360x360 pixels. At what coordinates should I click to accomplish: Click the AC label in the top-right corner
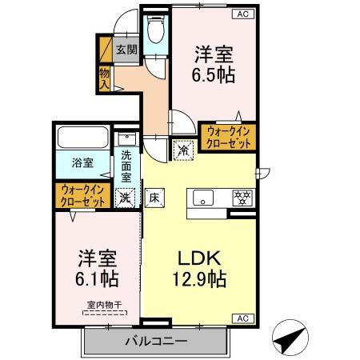click(240, 14)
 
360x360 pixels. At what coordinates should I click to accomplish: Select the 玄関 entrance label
click(126, 50)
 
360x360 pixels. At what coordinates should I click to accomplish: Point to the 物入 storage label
click(104, 77)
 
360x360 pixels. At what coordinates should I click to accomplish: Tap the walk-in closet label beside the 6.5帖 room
click(229, 136)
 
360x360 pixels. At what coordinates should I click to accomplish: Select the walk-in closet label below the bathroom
click(83, 196)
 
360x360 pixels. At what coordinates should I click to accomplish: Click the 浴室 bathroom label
click(82, 162)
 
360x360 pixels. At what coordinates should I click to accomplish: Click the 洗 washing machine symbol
click(125, 196)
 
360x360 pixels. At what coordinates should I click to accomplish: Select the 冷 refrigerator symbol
click(183, 148)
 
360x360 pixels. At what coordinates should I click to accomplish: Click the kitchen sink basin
click(202, 198)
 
